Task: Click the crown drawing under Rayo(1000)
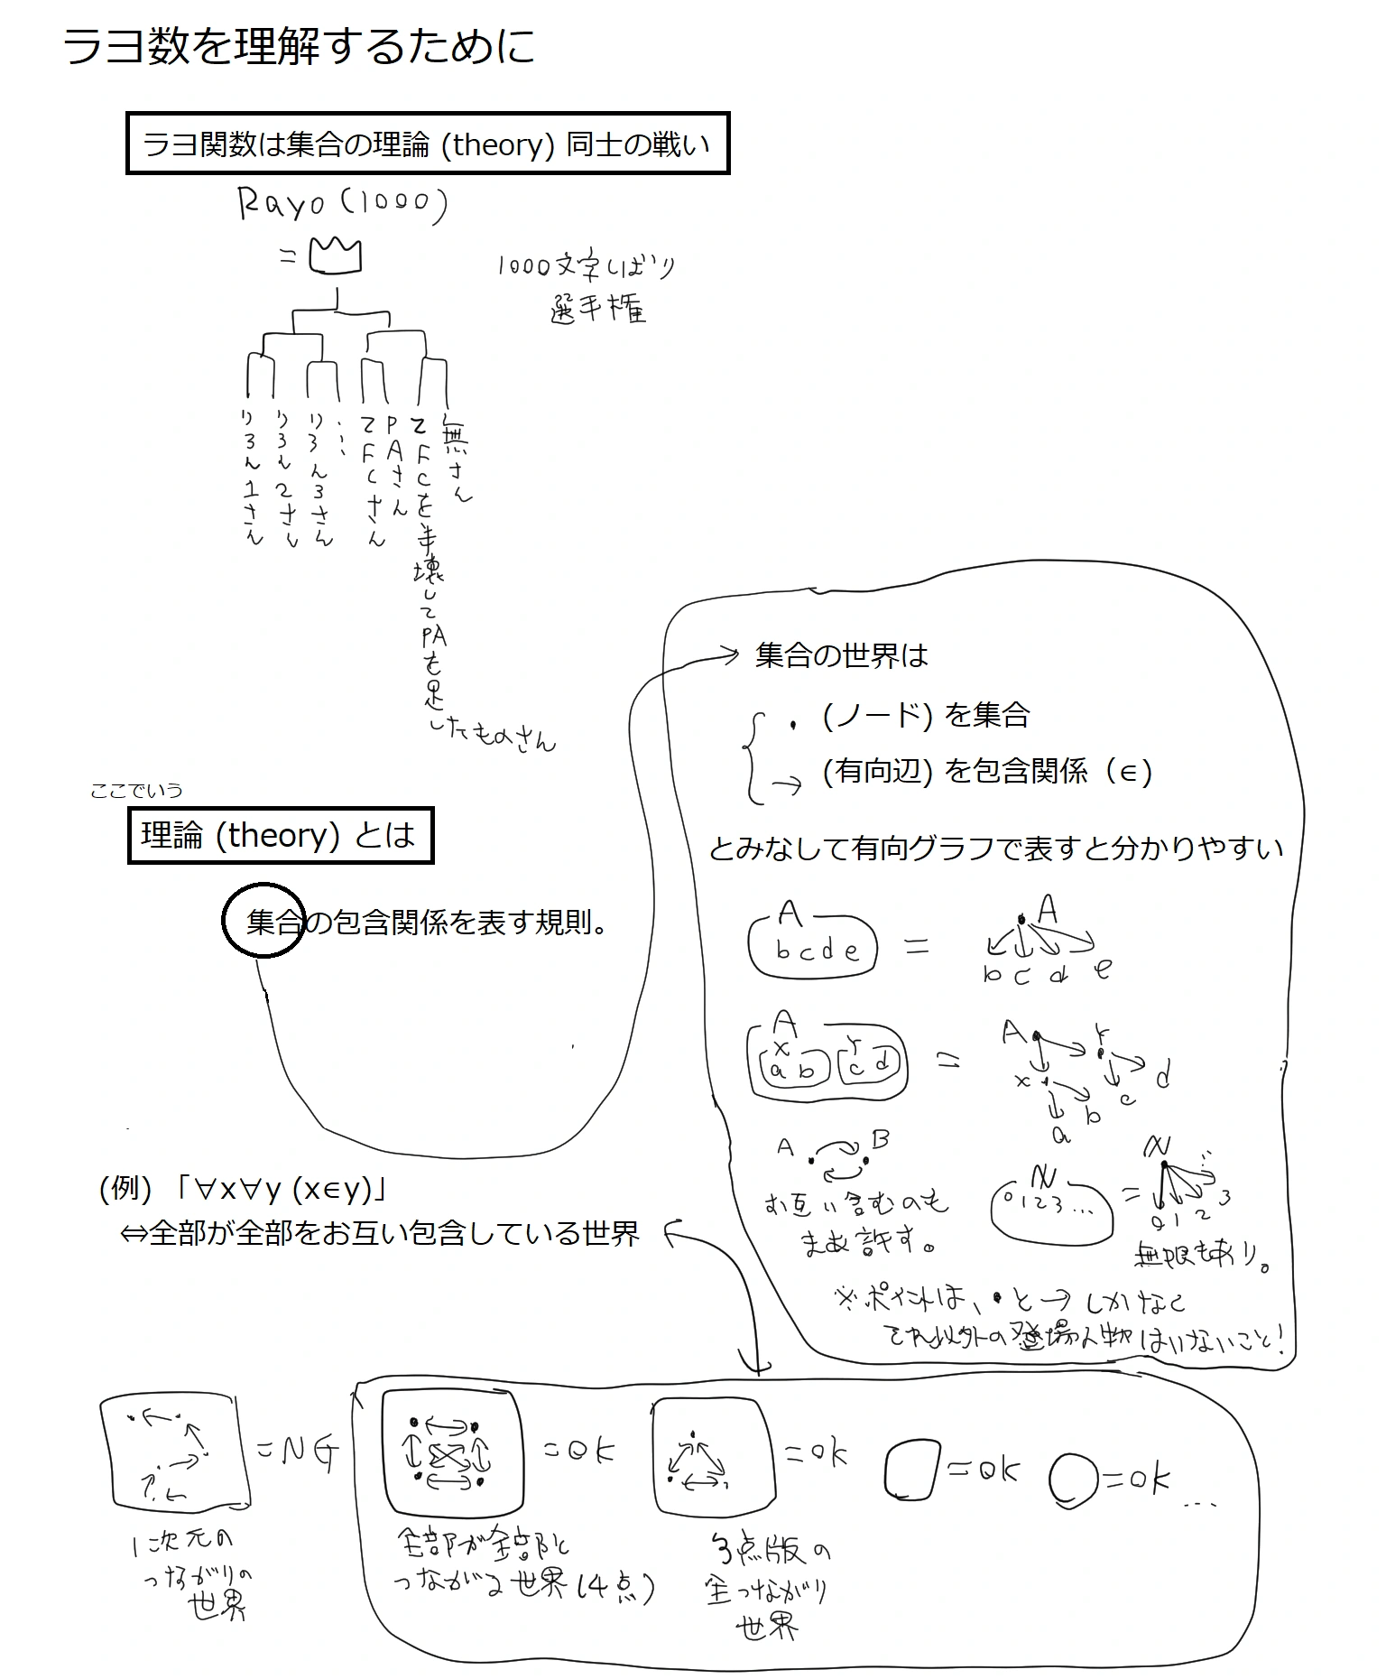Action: point(335,255)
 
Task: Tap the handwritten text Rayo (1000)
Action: point(342,204)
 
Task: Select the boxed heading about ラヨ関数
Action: point(427,144)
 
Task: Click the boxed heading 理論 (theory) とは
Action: point(280,835)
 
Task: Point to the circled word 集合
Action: point(264,921)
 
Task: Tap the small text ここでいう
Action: point(136,791)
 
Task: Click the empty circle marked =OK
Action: point(1073,1478)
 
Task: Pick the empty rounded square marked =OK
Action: point(912,1470)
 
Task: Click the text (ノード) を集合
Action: point(926,715)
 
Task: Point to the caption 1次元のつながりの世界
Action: point(190,1576)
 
